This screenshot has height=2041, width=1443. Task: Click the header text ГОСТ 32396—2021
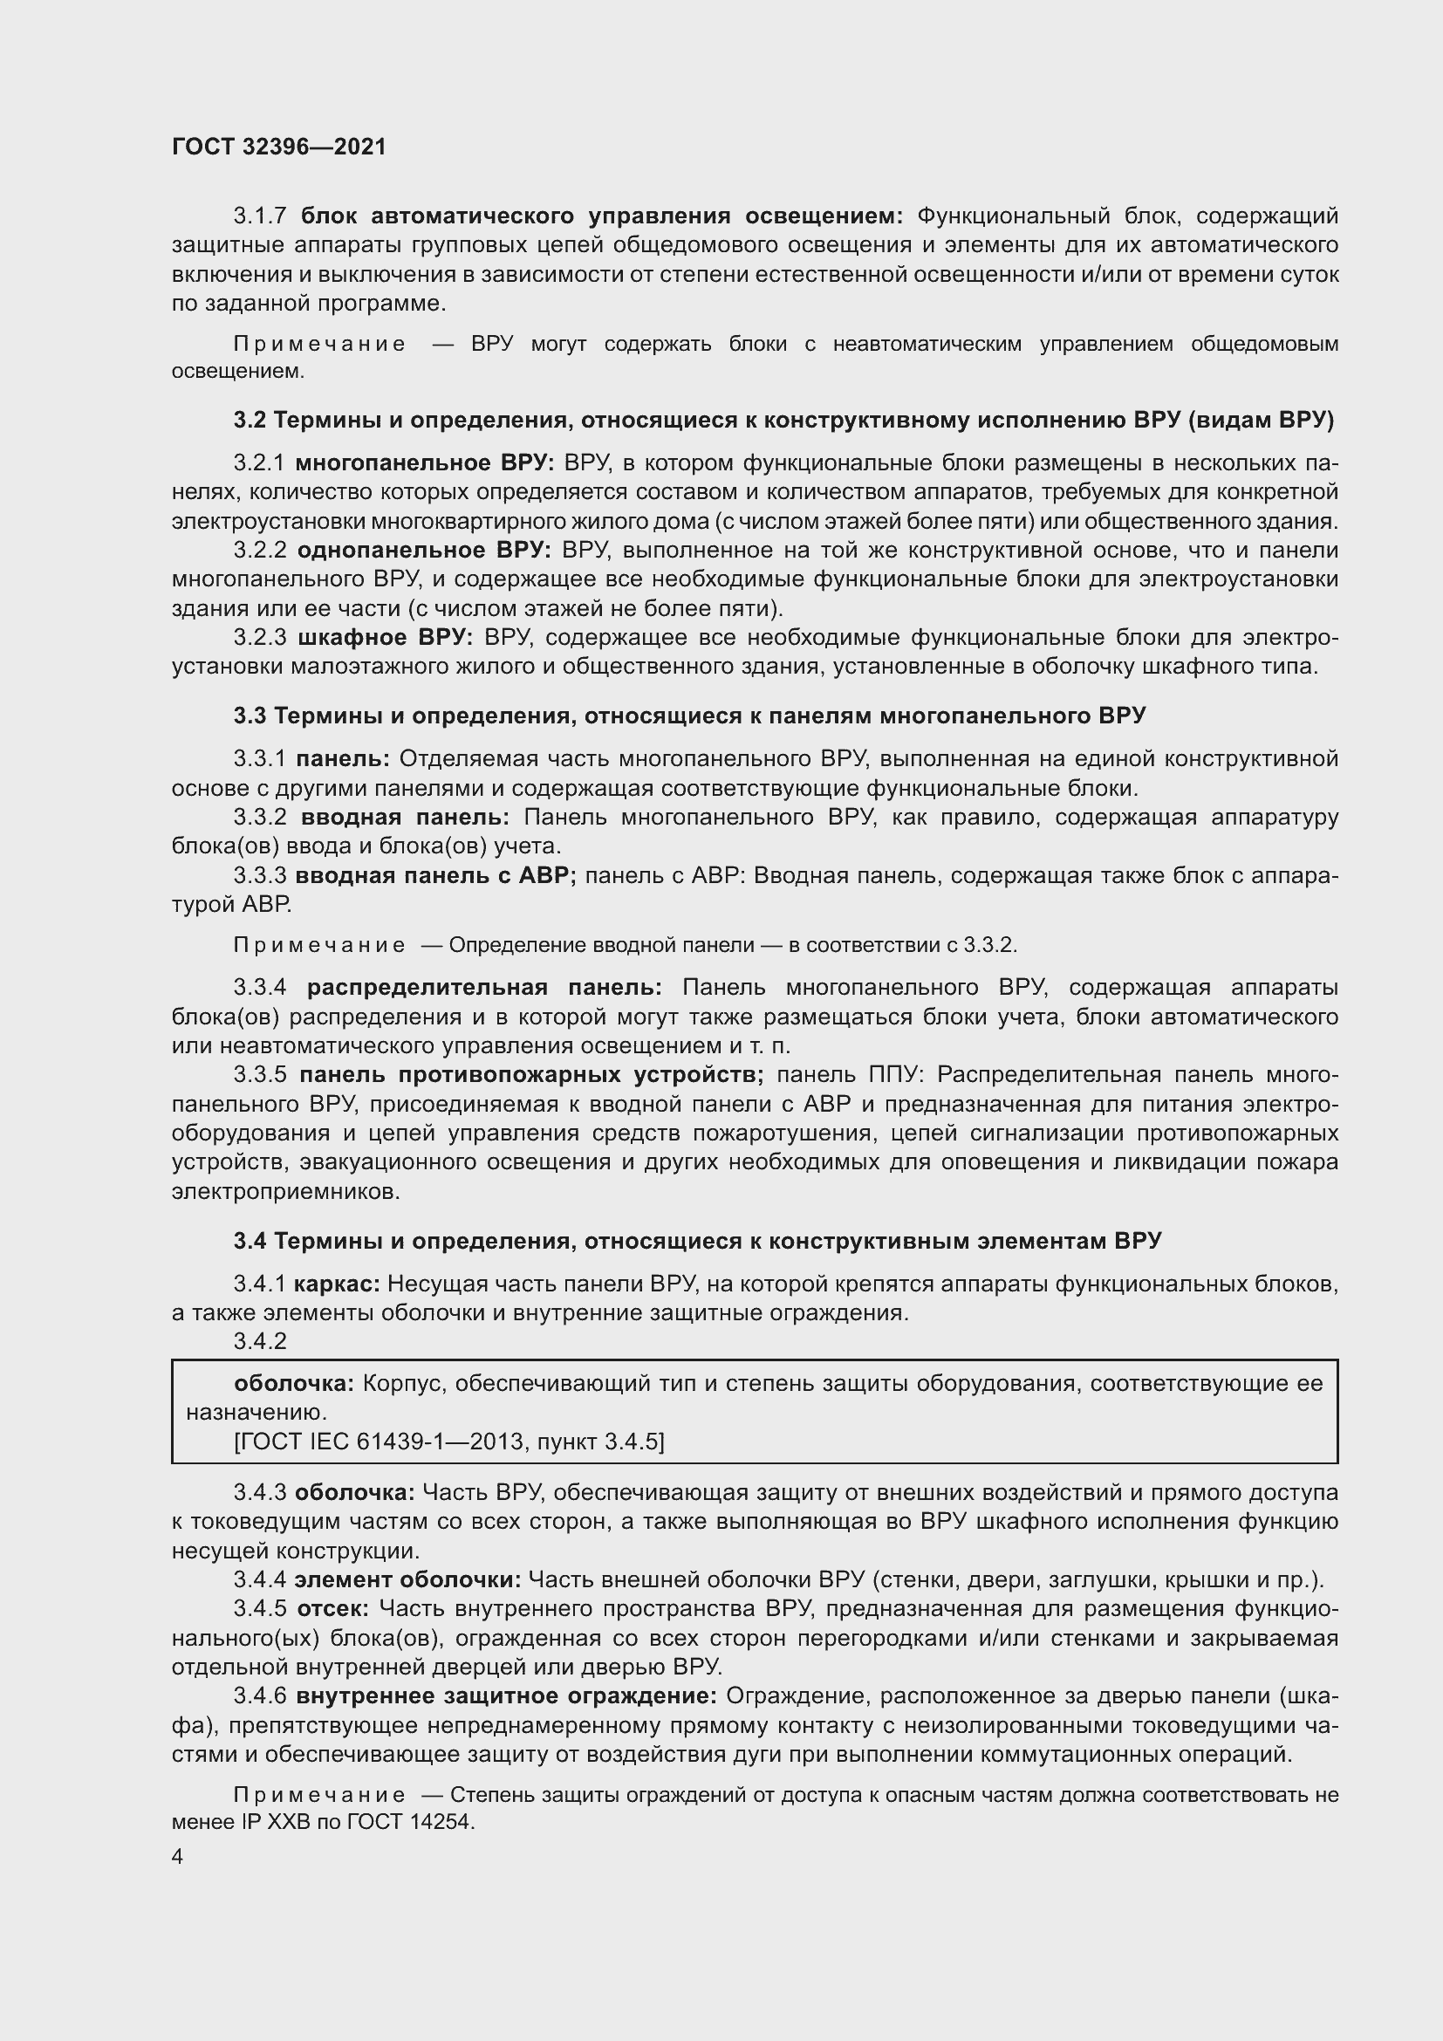coord(279,147)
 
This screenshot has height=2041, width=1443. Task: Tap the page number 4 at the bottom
coord(178,1857)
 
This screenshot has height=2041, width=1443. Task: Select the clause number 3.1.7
coord(259,216)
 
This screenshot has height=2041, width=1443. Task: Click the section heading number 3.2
coord(250,421)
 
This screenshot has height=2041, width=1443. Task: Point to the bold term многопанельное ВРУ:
coord(425,463)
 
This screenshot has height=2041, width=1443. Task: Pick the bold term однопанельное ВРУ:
coord(424,551)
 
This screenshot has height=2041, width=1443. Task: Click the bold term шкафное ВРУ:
coord(386,637)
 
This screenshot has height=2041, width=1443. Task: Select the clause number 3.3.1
coord(259,758)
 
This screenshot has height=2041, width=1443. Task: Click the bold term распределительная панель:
coord(484,988)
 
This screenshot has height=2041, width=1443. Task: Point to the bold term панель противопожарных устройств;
coord(531,1075)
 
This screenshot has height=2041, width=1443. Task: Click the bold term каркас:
coord(337,1284)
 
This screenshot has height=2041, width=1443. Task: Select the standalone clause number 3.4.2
coord(259,1341)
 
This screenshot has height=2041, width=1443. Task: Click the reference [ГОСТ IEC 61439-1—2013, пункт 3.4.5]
coord(448,1441)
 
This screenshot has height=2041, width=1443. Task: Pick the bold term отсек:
coord(333,1609)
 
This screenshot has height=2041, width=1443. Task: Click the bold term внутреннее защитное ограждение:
coord(506,1696)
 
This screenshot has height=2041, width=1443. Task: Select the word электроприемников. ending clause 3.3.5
coord(285,1191)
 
